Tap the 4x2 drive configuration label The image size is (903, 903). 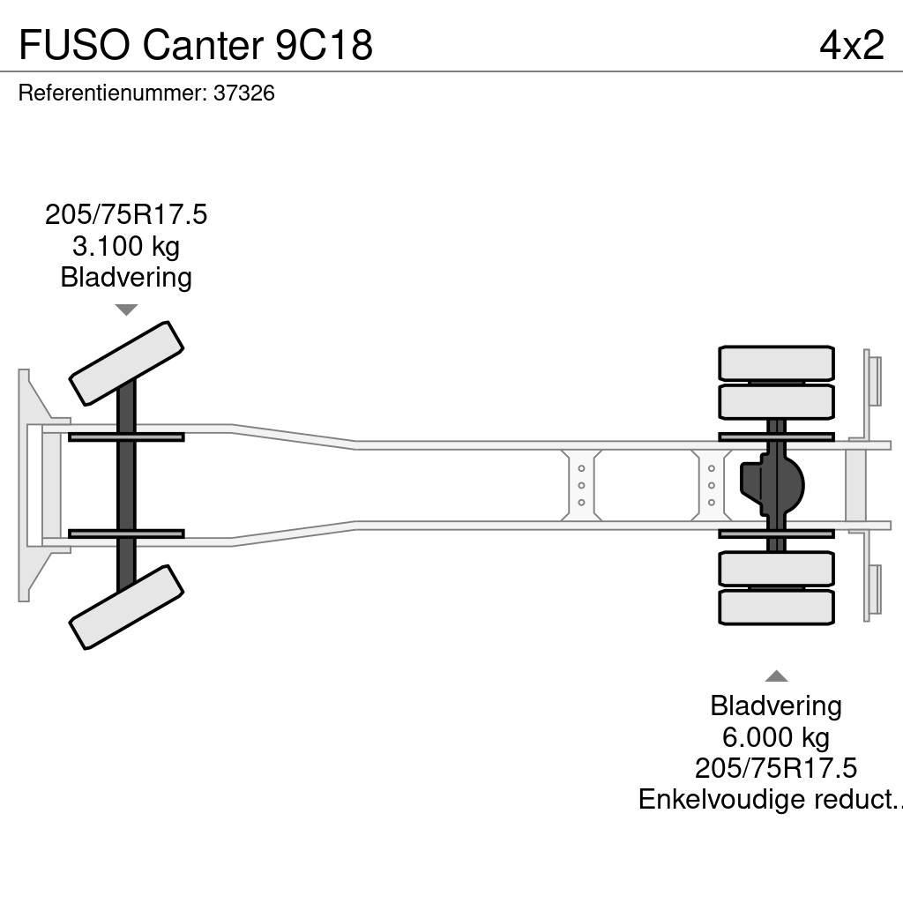coord(851,44)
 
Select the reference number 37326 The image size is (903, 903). coord(244,93)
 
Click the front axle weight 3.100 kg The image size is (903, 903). coord(126,246)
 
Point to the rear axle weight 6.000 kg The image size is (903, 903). coord(776,736)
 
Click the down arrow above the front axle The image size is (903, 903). coord(126,310)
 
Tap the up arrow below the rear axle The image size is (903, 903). coord(776,676)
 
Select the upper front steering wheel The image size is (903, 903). coord(126,362)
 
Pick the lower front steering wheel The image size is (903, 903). coord(126,608)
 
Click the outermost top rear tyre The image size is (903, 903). coord(776,363)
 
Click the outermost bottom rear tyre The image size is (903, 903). coord(776,608)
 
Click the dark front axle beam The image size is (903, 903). coord(126,485)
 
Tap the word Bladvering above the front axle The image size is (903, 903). coord(126,278)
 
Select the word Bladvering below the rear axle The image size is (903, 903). coord(776,705)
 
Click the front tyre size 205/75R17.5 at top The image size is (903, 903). coord(126,215)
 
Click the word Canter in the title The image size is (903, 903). coord(200,44)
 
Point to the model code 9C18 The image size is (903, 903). coord(324,44)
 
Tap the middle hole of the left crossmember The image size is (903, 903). coord(581,485)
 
